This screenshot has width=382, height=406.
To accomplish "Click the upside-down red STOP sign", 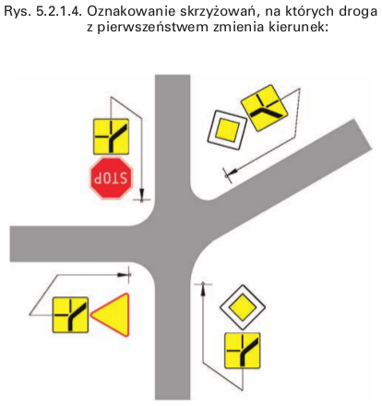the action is (112, 178).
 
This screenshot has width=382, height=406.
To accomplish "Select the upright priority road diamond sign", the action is (243, 307).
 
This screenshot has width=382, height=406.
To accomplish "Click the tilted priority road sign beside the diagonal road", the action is (227, 130).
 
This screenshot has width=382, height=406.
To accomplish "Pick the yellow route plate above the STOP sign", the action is (111, 137).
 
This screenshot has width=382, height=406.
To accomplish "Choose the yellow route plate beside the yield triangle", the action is (70, 315).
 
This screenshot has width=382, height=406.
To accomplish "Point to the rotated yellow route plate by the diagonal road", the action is (264, 108).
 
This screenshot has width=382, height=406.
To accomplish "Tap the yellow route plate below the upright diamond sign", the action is (243, 351).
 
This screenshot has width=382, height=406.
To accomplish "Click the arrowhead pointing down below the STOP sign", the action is (141, 194).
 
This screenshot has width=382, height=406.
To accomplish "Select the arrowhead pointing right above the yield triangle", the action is (125, 274).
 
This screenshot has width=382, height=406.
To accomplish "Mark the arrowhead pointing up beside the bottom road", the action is (203, 289).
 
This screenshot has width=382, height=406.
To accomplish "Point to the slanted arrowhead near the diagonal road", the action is (233, 172).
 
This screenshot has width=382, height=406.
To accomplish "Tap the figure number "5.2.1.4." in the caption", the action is (59, 12).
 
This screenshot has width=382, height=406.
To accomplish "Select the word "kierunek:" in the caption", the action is (298, 28).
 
